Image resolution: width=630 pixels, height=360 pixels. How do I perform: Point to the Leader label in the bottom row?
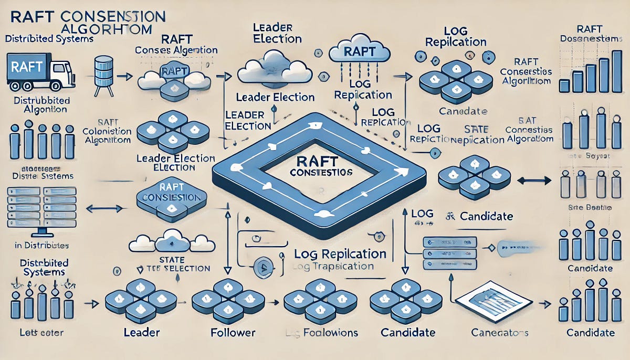point(141,332)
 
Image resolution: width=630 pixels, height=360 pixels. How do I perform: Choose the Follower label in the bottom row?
point(232,332)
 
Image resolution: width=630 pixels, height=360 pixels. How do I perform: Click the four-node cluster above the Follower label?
point(227,300)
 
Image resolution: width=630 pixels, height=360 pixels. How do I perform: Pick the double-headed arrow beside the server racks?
point(104,208)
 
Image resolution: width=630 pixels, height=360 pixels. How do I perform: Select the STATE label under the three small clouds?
point(171,260)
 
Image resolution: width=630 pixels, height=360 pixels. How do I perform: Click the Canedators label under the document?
point(500,333)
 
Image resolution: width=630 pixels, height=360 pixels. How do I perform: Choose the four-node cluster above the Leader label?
point(137,300)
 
